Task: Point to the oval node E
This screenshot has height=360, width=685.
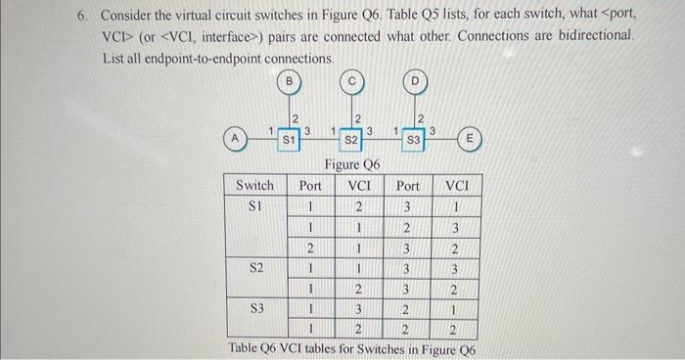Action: pyautogui.click(x=471, y=140)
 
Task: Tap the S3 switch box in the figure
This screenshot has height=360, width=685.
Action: pyautogui.click(x=415, y=140)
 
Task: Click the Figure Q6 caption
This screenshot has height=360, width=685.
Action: pyautogui.click(x=353, y=165)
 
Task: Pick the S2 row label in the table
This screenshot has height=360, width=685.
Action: pyautogui.click(x=257, y=266)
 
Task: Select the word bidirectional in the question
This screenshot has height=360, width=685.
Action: pyautogui.click(x=596, y=37)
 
